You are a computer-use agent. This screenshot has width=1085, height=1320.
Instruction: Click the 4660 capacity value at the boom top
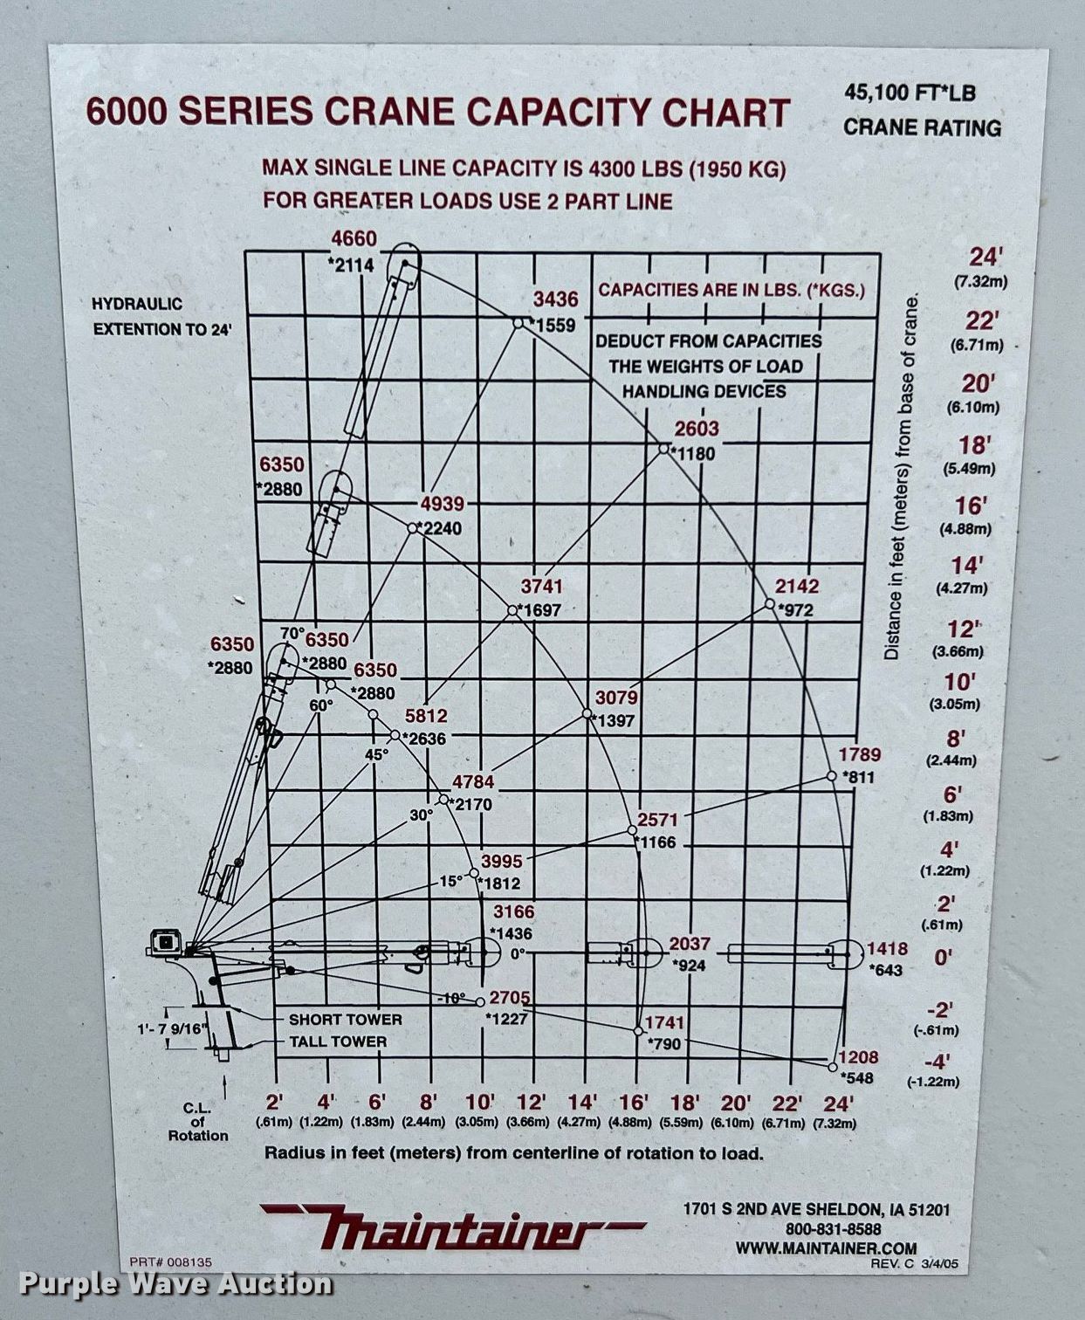click(x=354, y=238)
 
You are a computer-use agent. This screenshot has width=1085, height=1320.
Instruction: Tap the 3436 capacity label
click(x=556, y=299)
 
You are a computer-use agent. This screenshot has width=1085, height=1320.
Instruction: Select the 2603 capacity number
click(x=697, y=429)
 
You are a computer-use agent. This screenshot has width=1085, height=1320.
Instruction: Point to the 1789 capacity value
click(x=860, y=754)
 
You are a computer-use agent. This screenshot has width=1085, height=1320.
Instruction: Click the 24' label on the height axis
click(x=980, y=258)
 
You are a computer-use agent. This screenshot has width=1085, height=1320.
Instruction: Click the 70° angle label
click(x=292, y=634)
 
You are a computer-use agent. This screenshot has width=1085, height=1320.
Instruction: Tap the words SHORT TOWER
click(x=346, y=1019)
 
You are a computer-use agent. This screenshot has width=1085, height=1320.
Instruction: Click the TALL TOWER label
click(x=338, y=1042)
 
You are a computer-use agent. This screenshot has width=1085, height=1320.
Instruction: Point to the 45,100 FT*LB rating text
click(x=910, y=93)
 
